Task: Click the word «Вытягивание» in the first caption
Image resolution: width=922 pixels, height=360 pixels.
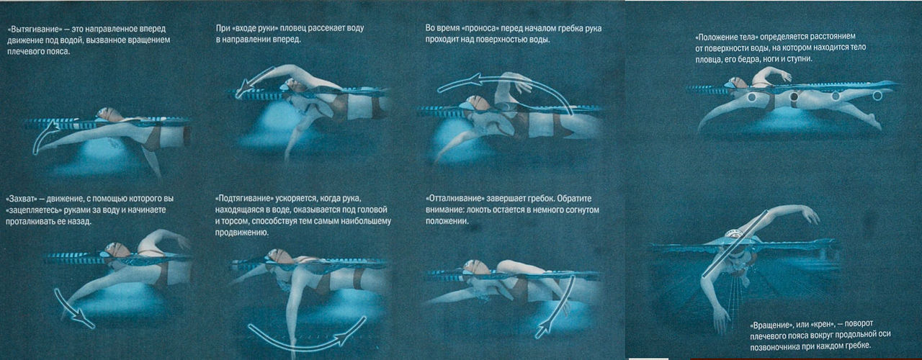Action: click(35, 30)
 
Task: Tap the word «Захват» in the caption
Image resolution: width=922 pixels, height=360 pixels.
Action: click(22, 199)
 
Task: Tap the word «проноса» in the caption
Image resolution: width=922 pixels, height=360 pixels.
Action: click(477, 28)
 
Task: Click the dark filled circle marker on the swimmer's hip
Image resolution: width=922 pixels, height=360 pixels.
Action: click(794, 96)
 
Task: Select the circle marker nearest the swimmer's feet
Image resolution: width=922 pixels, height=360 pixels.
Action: click(877, 96)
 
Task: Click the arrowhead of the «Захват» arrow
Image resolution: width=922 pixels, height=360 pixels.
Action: click(85, 321)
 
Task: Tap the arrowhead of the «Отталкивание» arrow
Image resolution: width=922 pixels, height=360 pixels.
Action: click(544, 329)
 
